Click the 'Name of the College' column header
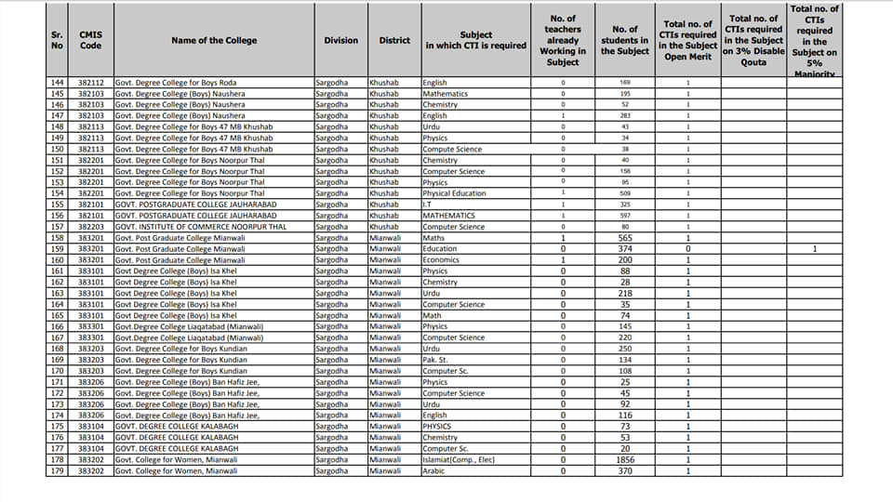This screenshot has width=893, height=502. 214,40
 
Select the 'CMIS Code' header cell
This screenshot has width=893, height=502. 90,40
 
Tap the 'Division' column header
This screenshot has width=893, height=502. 340,40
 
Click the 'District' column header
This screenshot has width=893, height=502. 394,40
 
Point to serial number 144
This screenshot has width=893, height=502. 58,83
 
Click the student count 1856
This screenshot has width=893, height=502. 625,459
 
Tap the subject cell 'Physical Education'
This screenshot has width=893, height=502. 454,193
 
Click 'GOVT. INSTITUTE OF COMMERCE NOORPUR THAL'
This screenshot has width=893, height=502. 188,227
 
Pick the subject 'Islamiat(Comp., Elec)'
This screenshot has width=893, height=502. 460,459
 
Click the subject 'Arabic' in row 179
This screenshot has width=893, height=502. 433,470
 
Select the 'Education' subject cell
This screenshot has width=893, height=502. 440,249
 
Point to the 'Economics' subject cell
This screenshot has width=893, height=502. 442,260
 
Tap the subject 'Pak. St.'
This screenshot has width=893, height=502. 436,360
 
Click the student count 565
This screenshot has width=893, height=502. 625,238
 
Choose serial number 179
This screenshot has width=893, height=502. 58,470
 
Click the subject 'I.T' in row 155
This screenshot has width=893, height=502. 428,205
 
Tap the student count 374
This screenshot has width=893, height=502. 625,249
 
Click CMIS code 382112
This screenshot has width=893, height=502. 90,83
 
